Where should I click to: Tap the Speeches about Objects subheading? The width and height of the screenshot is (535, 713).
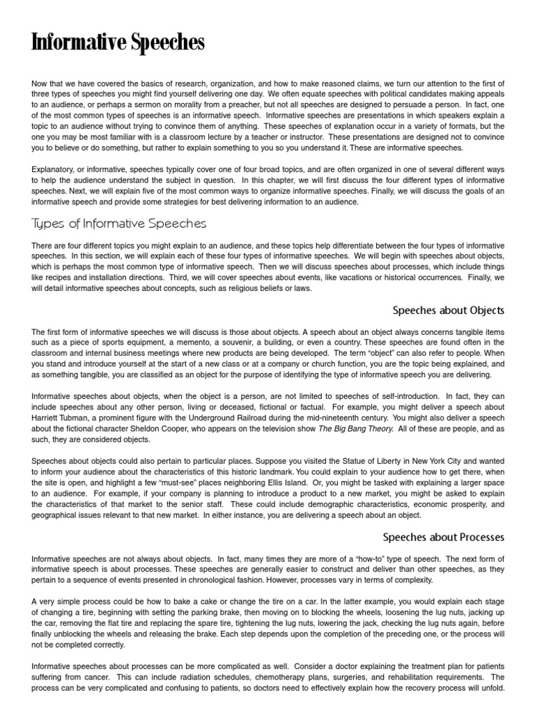(x=448, y=310)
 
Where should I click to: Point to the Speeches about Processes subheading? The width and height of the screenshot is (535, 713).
(x=443, y=537)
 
